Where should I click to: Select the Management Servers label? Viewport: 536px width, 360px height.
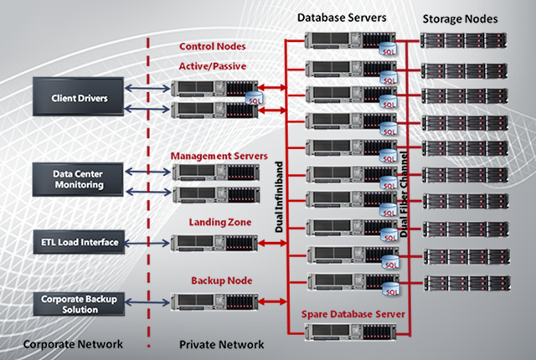[219, 156]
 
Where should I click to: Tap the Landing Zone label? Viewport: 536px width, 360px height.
[214, 222]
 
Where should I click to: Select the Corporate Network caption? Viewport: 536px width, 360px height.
[73, 344]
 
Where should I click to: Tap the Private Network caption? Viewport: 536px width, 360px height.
[222, 344]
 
